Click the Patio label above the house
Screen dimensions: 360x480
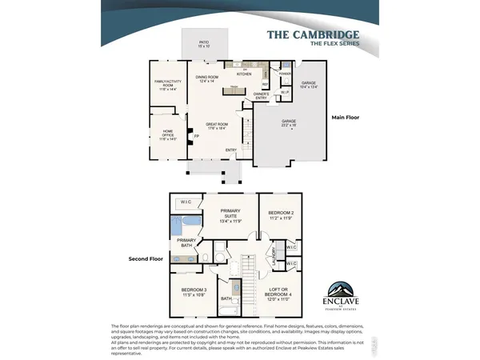(x=204, y=46)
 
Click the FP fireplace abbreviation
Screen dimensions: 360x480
(x=196, y=136)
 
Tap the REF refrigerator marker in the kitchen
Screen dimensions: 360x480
(x=265, y=84)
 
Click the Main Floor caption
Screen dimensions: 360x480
(x=346, y=117)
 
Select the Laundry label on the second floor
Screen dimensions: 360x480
(x=274, y=257)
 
